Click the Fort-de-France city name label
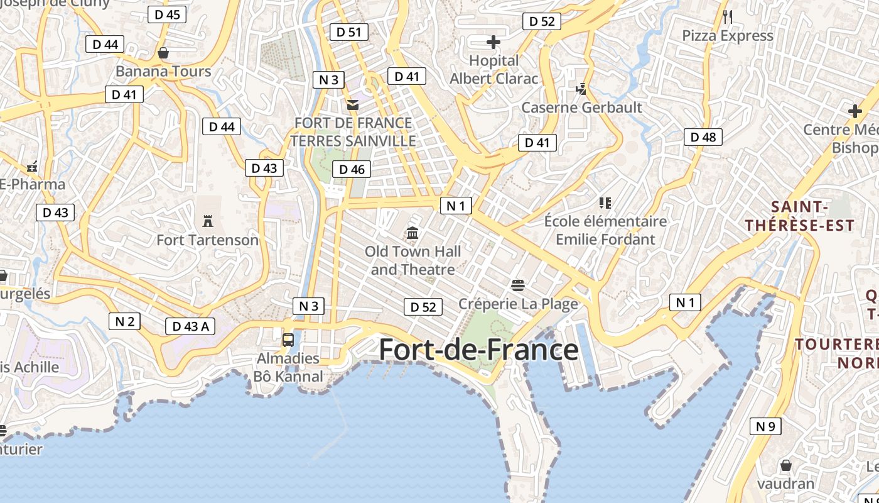[x=478, y=350]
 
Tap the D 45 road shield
[x=167, y=14]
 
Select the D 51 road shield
[x=348, y=32]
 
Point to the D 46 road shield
[x=352, y=169]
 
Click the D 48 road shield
[x=703, y=137]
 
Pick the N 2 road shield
[x=124, y=322]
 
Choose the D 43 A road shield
[x=190, y=326]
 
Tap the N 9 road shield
[x=765, y=426]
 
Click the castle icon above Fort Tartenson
[x=208, y=221]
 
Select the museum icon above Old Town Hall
[x=413, y=233]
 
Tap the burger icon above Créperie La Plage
[x=518, y=285]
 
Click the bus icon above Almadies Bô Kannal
[x=288, y=340]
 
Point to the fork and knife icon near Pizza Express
[x=728, y=17]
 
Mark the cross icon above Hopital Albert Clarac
[x=493, y=42]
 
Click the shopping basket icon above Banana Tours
[x=163, y=53]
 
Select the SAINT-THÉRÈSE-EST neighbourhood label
[x=800, y=216]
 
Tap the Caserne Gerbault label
[x=582, y=108]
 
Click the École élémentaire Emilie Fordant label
[x=605, y=230]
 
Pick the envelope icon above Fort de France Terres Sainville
[x=353, y=104]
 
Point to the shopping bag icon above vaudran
[x=785, y=466]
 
